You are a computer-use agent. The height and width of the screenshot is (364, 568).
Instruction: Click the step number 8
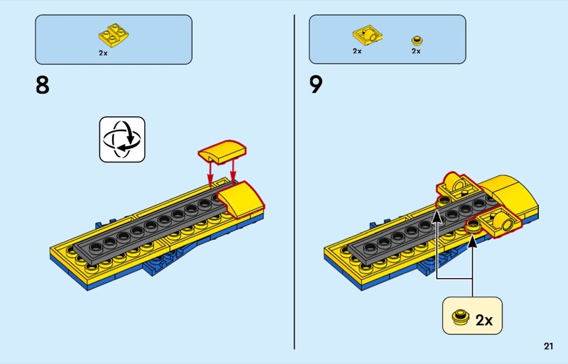[x=43, y=85]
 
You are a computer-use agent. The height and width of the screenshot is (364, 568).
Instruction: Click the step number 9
[x=316, y=85]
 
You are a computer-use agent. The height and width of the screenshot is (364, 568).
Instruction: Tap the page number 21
[x=548, y=346]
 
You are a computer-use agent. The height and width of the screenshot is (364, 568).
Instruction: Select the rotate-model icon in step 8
[x=122, y=139]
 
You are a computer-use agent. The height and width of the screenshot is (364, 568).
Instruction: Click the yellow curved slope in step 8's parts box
[x=114, y=36]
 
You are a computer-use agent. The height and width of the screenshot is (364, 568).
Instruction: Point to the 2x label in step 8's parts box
[x=103, y=53]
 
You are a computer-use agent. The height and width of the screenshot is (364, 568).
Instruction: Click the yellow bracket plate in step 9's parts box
[x=368, y=35]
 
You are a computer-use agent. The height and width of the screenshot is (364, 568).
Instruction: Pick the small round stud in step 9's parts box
[x=417, y=40]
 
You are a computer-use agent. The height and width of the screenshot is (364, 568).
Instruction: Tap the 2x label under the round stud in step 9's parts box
[x=416, y=51]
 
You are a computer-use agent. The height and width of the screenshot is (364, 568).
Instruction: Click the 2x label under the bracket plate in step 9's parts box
[x=357, y=51]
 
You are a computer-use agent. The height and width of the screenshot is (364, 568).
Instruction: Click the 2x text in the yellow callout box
[x=484, y=320]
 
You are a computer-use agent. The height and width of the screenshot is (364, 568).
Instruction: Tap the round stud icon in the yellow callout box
[x=460, y=317]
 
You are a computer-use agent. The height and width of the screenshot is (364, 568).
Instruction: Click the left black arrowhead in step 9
[x=437, y=216]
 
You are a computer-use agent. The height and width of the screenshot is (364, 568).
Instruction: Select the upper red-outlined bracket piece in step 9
[x=457, y=186]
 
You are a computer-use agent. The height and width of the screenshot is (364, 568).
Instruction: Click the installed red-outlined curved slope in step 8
[x=241, y=200]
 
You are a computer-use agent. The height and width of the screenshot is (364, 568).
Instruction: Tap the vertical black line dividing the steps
[x=294, y=182]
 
